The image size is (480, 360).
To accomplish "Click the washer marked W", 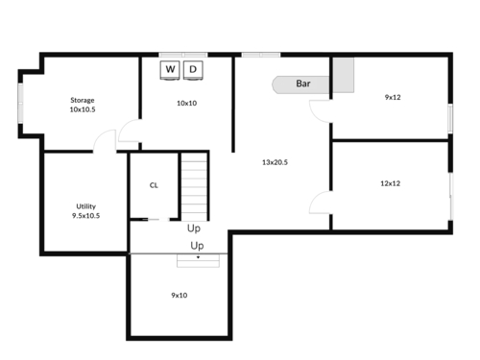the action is (170, 70).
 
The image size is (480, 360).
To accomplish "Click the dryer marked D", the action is (193, 70).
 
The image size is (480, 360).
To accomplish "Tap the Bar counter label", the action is (303, 84).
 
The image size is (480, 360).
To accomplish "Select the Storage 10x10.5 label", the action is (83, 105).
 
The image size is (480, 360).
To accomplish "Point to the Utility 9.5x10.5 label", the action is (85, 211).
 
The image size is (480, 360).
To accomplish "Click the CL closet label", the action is (154, 185).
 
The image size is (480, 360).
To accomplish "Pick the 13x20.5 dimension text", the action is (275, 162).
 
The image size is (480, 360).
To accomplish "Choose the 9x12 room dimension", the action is (393, 97).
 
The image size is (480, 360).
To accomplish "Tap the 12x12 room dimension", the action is (391, 183).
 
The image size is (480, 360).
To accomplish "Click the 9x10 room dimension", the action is (180, 295).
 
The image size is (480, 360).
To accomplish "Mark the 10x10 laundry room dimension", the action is (187, 103).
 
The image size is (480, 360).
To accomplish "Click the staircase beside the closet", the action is (194, 186).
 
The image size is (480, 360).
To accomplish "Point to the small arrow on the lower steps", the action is (198, 257).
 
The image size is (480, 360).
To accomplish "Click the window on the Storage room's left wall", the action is (20, 103).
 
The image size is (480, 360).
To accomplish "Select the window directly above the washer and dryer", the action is (183, 55).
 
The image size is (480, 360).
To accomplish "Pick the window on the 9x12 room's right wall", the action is (450, 118).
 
